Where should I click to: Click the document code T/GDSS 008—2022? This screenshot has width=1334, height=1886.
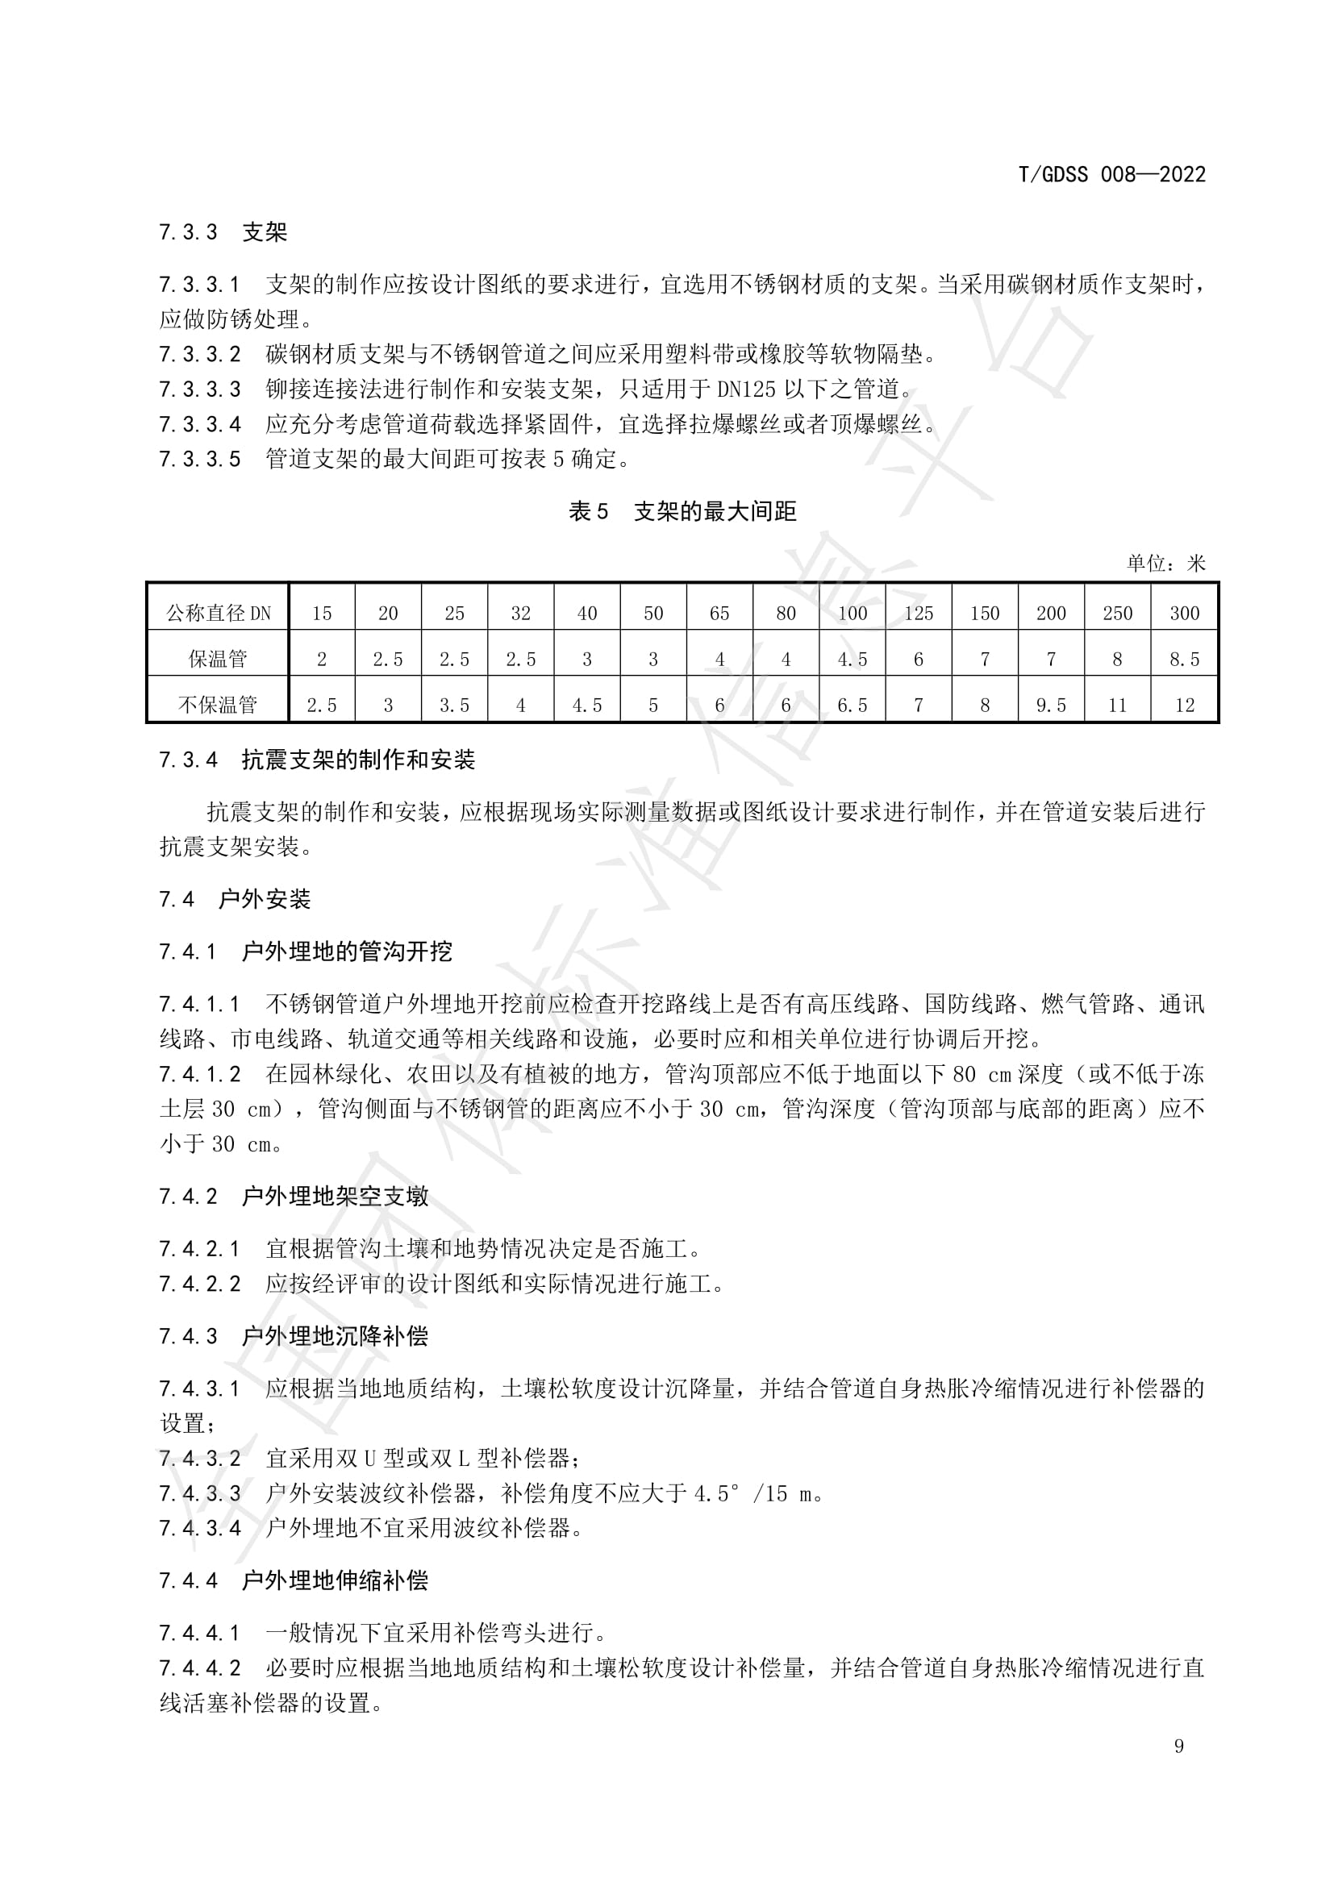click(1111, 174)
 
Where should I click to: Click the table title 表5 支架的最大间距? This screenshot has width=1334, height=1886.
click(682, 512)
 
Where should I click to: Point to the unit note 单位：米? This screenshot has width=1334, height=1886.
click(1165, 564)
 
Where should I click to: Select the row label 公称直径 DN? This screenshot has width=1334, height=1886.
click(218, 613)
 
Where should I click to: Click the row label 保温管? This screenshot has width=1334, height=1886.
click(218, 659)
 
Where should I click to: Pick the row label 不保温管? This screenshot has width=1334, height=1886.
click(218, 705)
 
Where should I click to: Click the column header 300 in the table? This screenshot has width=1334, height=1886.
click(1184, 613)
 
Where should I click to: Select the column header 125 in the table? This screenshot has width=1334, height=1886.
click(919, 613)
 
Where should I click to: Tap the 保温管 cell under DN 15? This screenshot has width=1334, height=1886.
click(321, 659)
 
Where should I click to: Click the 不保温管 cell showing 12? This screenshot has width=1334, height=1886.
click(1184, 705)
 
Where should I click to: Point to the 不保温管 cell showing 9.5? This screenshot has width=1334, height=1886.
click(1051, 705)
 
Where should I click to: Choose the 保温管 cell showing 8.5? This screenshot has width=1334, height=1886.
click(1184, 659)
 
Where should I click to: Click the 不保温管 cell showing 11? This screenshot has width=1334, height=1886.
click(1117, 705)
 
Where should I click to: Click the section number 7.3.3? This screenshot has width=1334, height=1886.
click(188, 232)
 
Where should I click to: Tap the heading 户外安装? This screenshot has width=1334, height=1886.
click(265, 900)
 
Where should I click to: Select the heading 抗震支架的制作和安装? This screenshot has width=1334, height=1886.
click(358, 760)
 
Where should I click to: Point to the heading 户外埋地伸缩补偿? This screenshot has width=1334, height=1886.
click(336, 1580)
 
